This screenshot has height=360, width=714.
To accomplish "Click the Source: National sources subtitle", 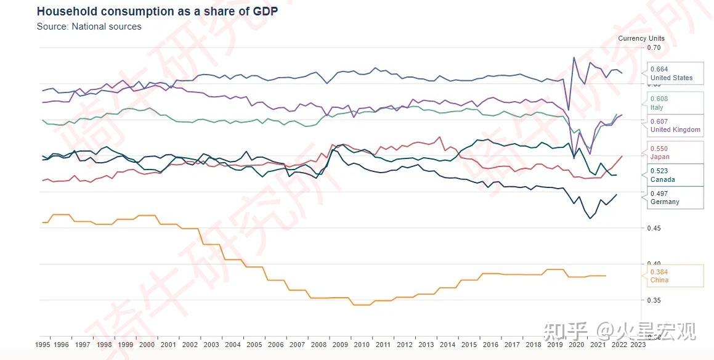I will pyautogui.click(x=89, y=27).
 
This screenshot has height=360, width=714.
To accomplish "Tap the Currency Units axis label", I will pyautogui.click(x=641, y=38).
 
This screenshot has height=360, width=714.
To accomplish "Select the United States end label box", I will pyautogui.click(x=675, y=73).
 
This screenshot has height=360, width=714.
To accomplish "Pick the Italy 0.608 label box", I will pyautogui.click(x=675, y=103).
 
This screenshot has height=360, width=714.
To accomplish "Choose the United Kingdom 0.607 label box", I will pyautogui.click(x=675, y=125).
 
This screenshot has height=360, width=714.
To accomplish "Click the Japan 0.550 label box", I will pyautogui.click(x=675, y=153).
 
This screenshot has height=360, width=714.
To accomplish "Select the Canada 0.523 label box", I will pyautogui.click(x=675, y=175).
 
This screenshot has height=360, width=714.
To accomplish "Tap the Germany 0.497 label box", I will pyautogui.click(x=675, y=197).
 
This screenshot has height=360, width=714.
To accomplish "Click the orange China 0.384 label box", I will pyautogui.click(x=675, y=276).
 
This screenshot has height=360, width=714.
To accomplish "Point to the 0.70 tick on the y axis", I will pyautogui.click(x=654, y=47).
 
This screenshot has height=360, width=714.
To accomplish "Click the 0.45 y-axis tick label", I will pyautogui.click(x=654, y=228).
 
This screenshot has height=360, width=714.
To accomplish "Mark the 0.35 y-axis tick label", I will pyautogui.click(x=654, y=300).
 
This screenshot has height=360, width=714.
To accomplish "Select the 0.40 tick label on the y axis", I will pyautogui.click(x=654, y=264).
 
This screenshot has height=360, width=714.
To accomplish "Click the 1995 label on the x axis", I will pyautogui.click(x=43, y=345).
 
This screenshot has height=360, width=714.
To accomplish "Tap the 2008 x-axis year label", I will pyautogui.click(x=318, y=345).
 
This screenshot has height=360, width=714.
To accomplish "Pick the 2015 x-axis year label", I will pyautogui.click(x=469, y=345).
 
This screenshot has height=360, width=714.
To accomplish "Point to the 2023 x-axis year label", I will pyautogui.click(x=638, y=345).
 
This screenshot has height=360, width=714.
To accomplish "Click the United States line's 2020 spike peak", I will pyautogui.click(x=574, y=57).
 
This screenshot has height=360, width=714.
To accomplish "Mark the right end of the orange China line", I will pyautogui.click(x=606, y=276).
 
